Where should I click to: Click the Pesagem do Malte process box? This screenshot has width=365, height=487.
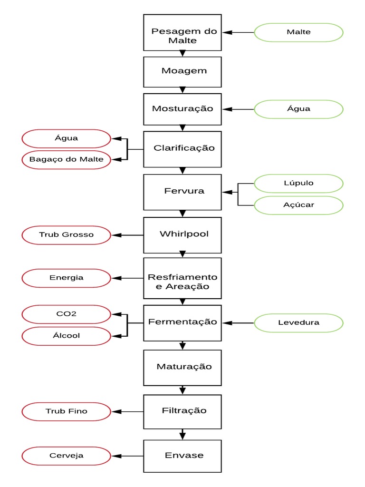pyautogui.click(x=182, y=32)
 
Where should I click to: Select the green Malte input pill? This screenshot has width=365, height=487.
pyautogui.click(x=298, y=32)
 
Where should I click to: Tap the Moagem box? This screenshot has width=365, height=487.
pyautogui.click(x=182, y=71)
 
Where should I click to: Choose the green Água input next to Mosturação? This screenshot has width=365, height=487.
pyautogui.click(x=298, y=108)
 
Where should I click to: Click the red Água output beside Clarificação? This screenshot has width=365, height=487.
pyautogui.click(x=66, y=138)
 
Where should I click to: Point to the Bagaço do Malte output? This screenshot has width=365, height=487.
pyautogui.click(x=66, y=159)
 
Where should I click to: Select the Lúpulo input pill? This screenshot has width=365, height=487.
pyautogui.click(x=298, y=183)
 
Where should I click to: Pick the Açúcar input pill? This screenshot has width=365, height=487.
pyautogui.click(x=298, y=205)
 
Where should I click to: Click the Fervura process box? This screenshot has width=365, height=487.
pyautogui.click(x=182, y=192)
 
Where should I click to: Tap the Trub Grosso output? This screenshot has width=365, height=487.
pyautogui.click(x=66, y=234)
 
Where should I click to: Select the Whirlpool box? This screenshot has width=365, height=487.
pyautogui.click(x=182, y=234)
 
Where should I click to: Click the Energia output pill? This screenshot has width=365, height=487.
pyautogui.click(x=66, y=278)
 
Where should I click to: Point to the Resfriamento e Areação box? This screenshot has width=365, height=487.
pyautogui.click(x=182, y=282)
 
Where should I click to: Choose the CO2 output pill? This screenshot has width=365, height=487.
pyautogui.click(x=66, y=314)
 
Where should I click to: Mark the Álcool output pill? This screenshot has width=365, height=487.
pyautogui.click(x=66, y=335)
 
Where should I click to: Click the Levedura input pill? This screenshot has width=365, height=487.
pyautogui.click(x=298, y=322)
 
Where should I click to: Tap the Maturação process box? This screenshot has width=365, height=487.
pyautogui.click(x=182, y=367)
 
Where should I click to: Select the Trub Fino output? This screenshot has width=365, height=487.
pyautogui.click(x=66, y=411)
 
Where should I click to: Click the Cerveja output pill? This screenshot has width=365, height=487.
pyautogui.click(x=66, y=456)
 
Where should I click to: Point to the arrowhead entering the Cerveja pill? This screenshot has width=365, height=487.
pyautogui.click(x=115, y=456)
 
